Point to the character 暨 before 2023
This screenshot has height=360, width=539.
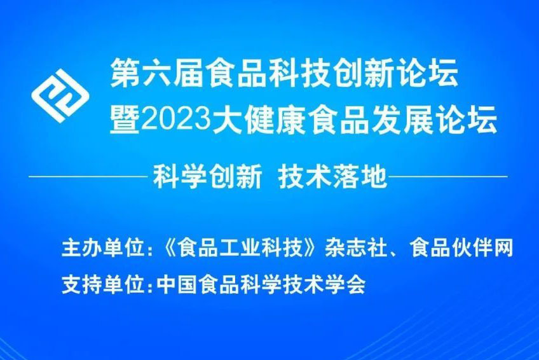tap(123, 120)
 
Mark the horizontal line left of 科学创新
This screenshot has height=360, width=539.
tap(88, 176)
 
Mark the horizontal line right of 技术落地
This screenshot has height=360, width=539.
tap(447, 176)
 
